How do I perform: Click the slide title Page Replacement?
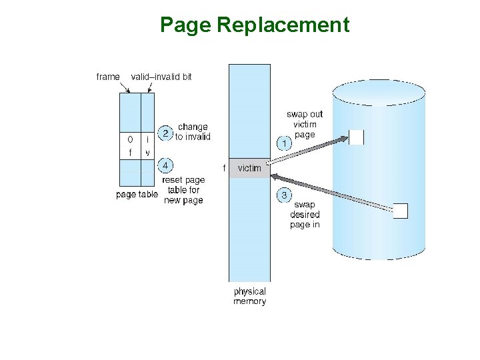pos(254,25)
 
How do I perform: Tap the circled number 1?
pos(283,143)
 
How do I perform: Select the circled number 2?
pos(165,133)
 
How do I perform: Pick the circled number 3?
pos(283,195)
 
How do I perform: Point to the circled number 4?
pos(165,165)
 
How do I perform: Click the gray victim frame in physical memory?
pos(249,169)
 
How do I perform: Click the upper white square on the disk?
pos(356,137)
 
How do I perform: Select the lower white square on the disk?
pos(400,211)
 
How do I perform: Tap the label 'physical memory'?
pos(249,296)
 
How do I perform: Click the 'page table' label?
pos(137,195)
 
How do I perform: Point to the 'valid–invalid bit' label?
pos(161,77)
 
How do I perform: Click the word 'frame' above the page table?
pos(108,77)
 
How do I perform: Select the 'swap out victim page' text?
pos(305,124)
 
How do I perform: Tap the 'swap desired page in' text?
pos(305,215)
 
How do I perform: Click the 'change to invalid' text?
pos(193,132)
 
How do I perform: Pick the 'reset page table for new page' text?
pos(183,190)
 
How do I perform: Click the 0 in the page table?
pos(130,140)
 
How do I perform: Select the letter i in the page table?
pos(147,140)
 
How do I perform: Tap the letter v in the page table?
pos(147,153)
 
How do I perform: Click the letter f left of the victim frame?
pos(223,168)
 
